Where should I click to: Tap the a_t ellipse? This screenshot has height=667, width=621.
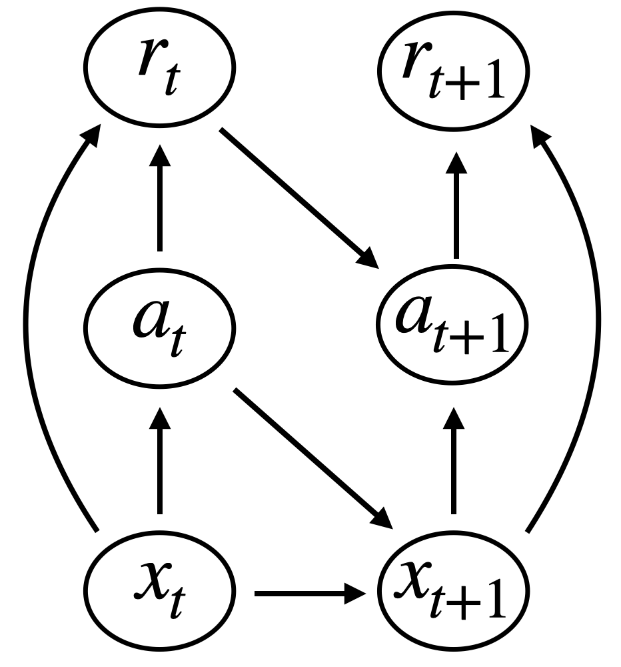(x=159, y=327)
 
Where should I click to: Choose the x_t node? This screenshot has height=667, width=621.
(x=159, y=590)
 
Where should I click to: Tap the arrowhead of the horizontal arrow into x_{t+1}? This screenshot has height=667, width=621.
(x=356, y=591)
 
